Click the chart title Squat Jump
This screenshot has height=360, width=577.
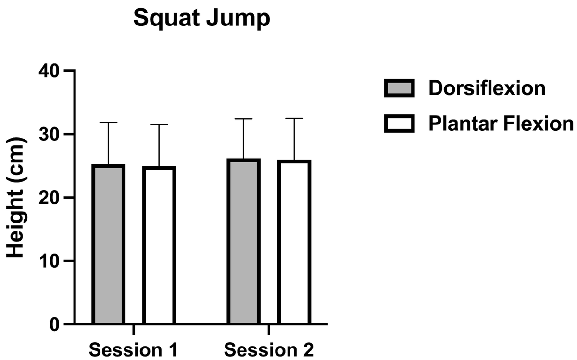tap(202, 20)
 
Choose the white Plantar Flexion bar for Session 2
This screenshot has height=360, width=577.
tap(294, 242)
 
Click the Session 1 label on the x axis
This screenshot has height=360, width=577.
tap(133, 349)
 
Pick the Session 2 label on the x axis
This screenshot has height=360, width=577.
tap(269, 349)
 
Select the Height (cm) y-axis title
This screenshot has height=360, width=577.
tap(17, 197)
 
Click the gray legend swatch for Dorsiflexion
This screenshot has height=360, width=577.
tap(400, 88)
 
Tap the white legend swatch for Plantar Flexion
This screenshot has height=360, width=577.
tap(400, 124)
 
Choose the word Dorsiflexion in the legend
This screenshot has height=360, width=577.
tap(487, 89)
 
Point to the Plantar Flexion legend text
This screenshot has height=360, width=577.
tap(501, 124)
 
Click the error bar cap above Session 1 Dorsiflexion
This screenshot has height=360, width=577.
tap(109, 123)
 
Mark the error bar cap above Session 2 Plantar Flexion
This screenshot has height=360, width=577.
tap(294, 118)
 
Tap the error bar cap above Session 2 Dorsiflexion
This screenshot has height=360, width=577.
tap(244, 119)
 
